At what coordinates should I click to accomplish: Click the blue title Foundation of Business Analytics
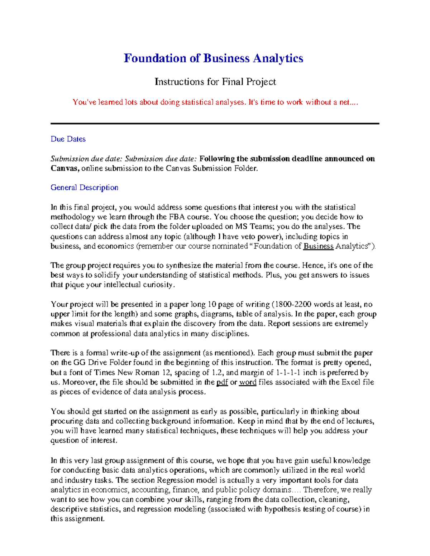(x=213, y=58)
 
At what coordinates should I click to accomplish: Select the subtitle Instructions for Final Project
(x=215, y=82)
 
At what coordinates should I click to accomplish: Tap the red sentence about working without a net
(x=215, y=102)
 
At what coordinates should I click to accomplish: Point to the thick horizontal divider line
(x=215, y=124)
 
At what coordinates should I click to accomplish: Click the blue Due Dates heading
(x=68, y=139)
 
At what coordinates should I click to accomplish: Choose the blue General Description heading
(x=84, y=188)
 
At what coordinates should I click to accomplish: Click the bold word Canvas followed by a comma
(x=65, y=169)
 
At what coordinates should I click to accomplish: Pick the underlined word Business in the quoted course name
(x=318, y=246)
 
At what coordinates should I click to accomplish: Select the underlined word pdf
(x=222, y=382)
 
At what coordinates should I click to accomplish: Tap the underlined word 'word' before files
(x=248, y=382)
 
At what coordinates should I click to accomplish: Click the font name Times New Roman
(x=131, y=373)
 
